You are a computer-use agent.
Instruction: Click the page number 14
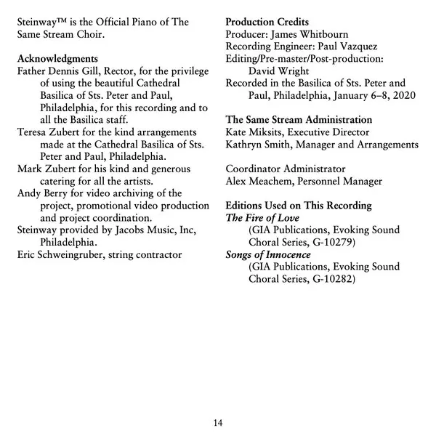[x=218, y=423]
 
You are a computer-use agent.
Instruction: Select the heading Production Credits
[x=267, y=22]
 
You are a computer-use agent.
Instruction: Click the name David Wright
[x=280, y=71]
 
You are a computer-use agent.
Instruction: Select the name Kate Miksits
[x=254, y=132]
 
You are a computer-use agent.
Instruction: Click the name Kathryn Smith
[x=258, y=144]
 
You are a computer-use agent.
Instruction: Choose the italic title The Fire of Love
[x=262, y=217]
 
